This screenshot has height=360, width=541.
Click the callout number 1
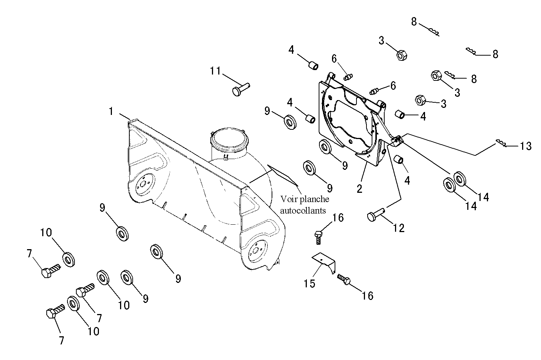tap(111, 111)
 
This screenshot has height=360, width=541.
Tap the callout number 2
tap(359, 189)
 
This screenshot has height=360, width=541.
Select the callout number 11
tap(215, 71)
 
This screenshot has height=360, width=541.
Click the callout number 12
tap(398, 228)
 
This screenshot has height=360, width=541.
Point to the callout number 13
tap(525, 146)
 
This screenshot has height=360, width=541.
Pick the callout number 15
tap(309, 284)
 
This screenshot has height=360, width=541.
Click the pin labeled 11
tap(241, 89)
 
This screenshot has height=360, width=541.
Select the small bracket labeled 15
tap(323, 263)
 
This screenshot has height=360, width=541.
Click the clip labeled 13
tap(501, 143)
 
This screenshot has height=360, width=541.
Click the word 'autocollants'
tap(303, 211)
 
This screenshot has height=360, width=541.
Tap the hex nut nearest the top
tap(402, 55)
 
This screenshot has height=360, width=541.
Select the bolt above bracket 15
tap(318, 238)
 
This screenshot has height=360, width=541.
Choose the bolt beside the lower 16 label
tap(343, 279)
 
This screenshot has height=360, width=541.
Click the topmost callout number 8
tap(414, 22)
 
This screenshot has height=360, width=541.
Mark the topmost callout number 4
tap(291, 50)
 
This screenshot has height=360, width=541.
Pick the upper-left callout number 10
tap(46, 232)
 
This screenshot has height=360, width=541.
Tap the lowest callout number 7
tap(62, 340)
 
